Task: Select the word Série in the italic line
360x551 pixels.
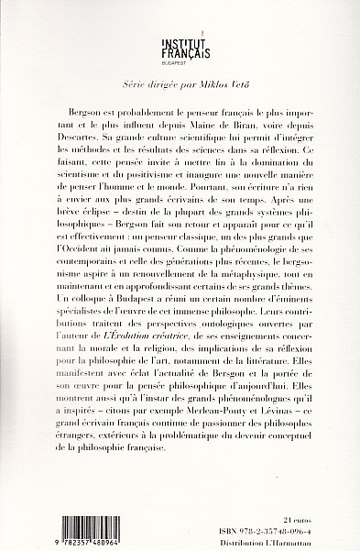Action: pyautogui.click(x=123, y=80)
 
